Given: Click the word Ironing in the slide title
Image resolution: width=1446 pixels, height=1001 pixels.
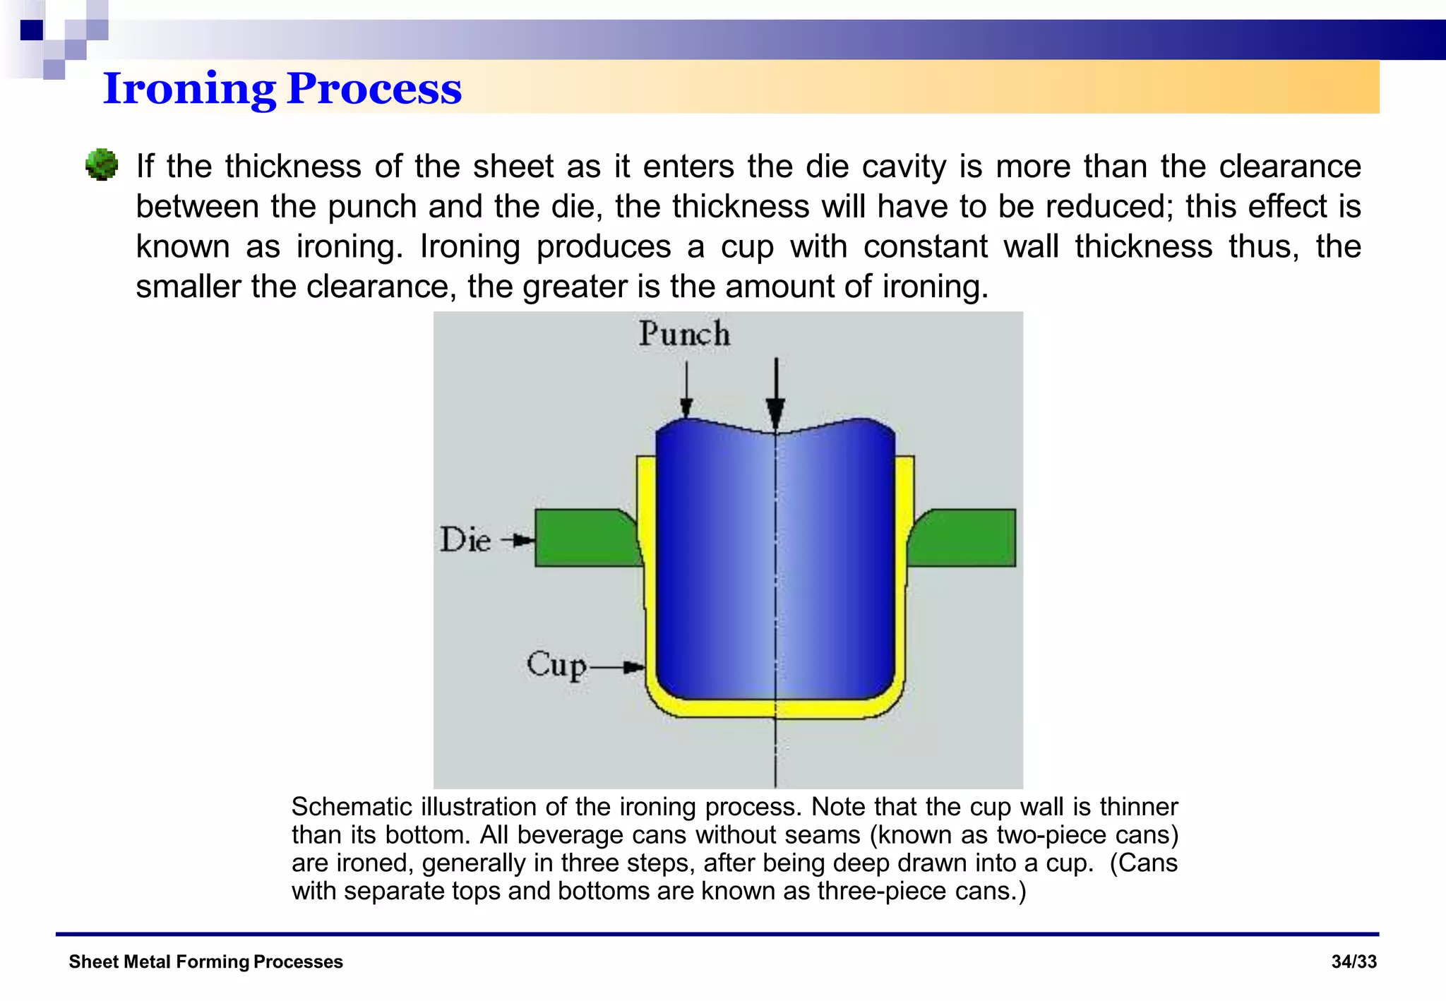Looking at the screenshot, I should (x=189, y=90).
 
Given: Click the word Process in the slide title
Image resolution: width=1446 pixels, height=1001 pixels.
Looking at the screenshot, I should (x=374, y=90).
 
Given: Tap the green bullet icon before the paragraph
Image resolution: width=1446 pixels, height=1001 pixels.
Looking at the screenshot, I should (x=102, y=165).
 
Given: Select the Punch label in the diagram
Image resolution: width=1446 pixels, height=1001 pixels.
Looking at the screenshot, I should (x=683, y=333).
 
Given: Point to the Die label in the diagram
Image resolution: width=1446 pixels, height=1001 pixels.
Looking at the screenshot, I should (x=465, y=540).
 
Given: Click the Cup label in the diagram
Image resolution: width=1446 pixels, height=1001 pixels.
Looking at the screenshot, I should (x=556, y=665).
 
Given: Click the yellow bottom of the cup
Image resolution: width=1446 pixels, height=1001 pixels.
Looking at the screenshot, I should (x=775, y=709).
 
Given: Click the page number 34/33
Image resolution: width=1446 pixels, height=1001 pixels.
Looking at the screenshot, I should (x=1354, y=961).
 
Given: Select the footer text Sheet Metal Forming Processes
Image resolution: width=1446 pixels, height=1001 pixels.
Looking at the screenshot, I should (x=205, y=961).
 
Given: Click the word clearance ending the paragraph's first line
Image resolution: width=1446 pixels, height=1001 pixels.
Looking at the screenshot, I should (x=1289, y=167).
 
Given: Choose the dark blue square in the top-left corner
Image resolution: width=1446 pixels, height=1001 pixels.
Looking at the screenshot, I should (x=32, y=30).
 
